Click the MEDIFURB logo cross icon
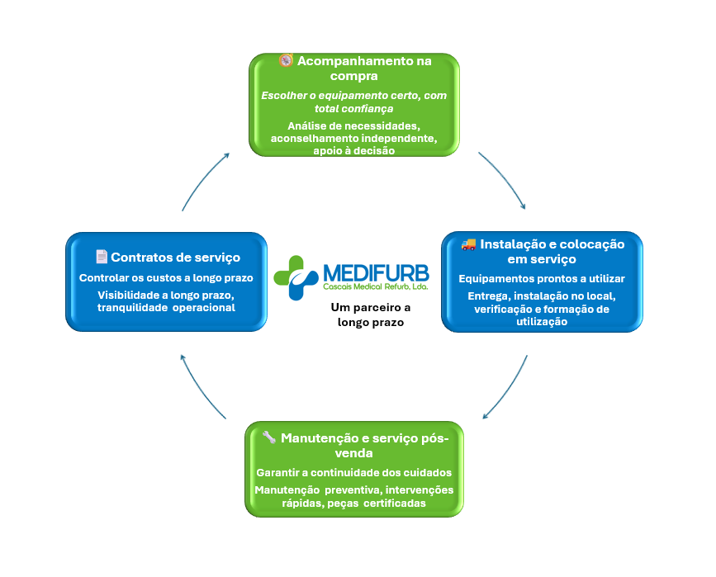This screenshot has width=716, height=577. pos(295,277)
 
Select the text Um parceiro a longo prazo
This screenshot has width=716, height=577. pos(370,315)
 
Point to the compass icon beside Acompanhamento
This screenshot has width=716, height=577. pos(286,60)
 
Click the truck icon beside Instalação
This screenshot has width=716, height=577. pos(468,244)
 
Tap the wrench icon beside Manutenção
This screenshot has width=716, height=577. pos(269,437)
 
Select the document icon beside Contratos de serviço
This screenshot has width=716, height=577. pos(102,257)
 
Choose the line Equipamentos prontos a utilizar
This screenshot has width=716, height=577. pos(542,278)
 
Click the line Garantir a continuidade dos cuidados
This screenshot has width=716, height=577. pos(354,473)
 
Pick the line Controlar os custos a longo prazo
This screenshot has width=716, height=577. pos(166,278)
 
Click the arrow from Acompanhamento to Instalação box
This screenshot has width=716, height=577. pos(503,179)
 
